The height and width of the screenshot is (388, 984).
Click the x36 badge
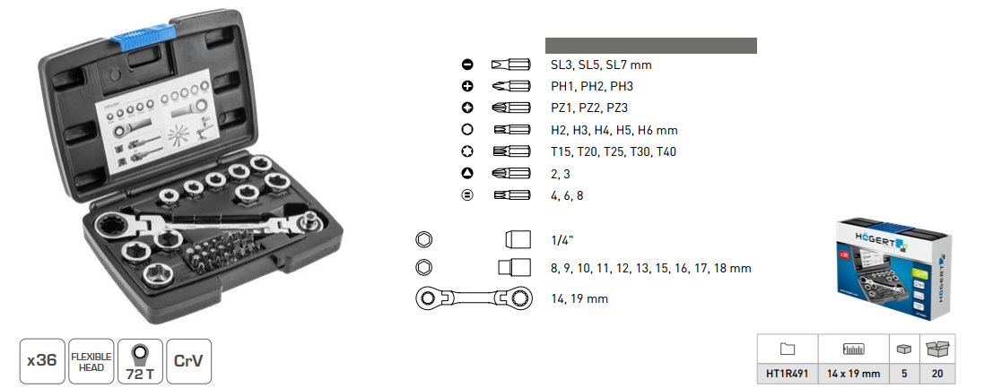tap(43, 361)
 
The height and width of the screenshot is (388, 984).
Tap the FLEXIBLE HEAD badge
tap(91, 361)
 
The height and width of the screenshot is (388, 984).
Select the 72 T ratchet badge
tap(140, 361)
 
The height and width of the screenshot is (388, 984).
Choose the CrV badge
tap(188, 361)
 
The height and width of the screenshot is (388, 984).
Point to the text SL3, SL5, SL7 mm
tap(601, 65)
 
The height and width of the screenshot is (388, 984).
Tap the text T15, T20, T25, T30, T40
tap(614, 151)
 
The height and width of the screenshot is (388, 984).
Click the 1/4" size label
tap(562, 240)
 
